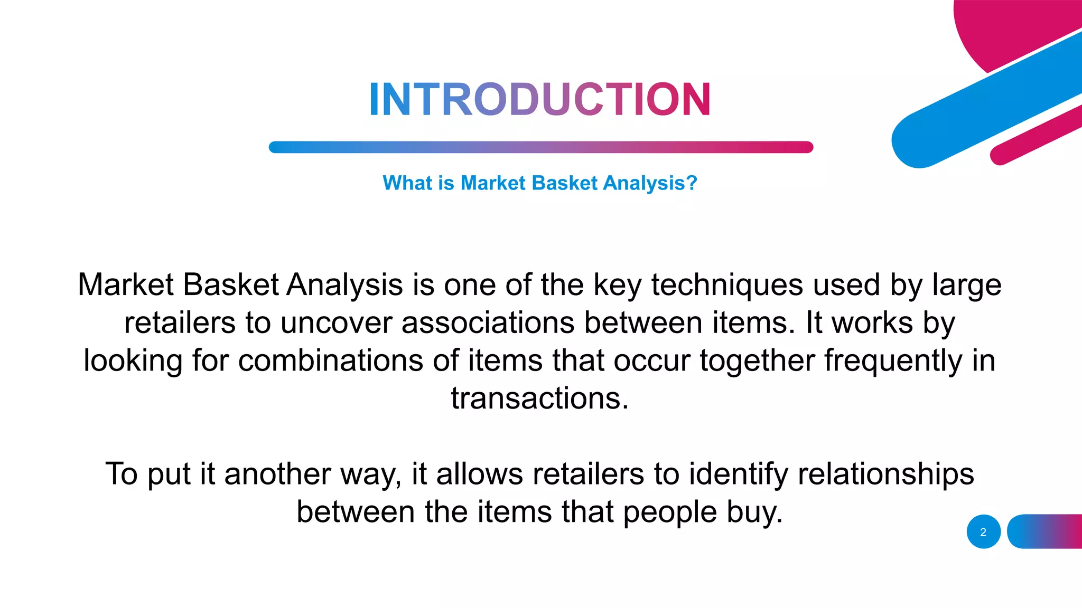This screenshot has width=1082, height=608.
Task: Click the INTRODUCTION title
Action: (x=540, y=99)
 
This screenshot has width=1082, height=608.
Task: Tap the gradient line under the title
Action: (x=540, y=147)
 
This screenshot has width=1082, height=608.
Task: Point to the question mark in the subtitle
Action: (x=692, y=183)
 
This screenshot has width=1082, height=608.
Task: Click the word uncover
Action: (x=336, y=323)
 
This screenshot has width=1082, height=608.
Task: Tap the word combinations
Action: (x=331, y=361)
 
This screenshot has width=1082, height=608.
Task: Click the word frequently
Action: (x=893, y=361)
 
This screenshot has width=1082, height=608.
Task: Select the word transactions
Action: (x=540, y=398)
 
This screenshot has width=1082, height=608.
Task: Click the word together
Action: (x=757, y=361)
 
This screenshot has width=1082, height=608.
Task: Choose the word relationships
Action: (x=885, y=474)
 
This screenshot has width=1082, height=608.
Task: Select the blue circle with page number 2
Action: (x=983, y=531)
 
